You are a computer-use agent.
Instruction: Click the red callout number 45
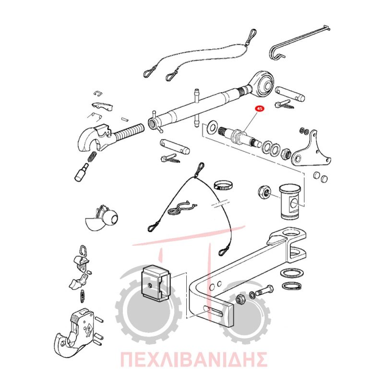click(259, 108)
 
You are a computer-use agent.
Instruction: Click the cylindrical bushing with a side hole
click(290, 201)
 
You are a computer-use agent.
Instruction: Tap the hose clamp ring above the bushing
click(223, 186)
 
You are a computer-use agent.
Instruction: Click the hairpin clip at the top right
click(298, 43)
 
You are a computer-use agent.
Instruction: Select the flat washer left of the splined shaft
click(211, 126)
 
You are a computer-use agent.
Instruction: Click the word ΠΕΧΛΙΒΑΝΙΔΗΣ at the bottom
click(193, 359)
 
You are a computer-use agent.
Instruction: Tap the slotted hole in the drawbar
click(213, 311)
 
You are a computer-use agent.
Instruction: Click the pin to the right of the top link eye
click(290, 94)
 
